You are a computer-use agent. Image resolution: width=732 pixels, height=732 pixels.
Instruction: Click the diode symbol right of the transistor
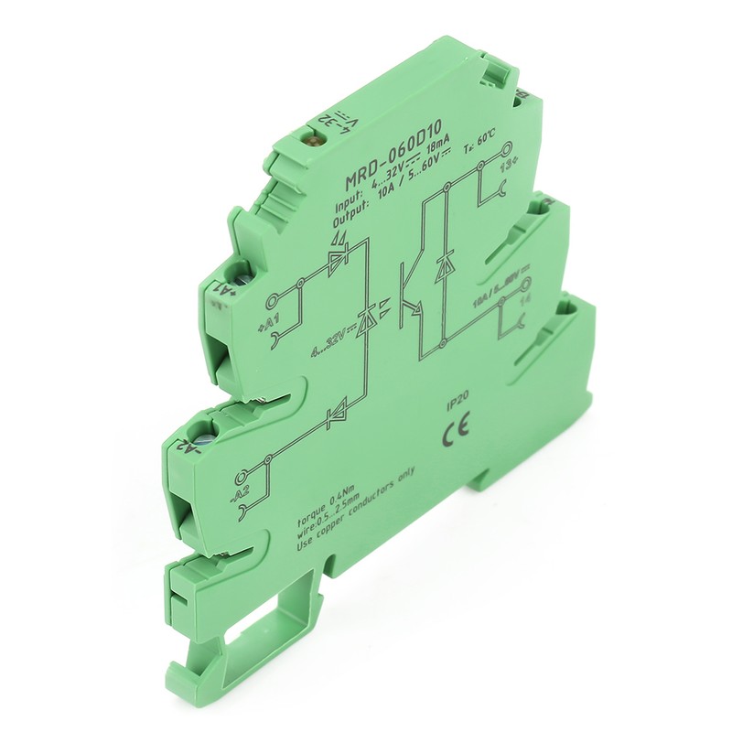pos(446,268)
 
